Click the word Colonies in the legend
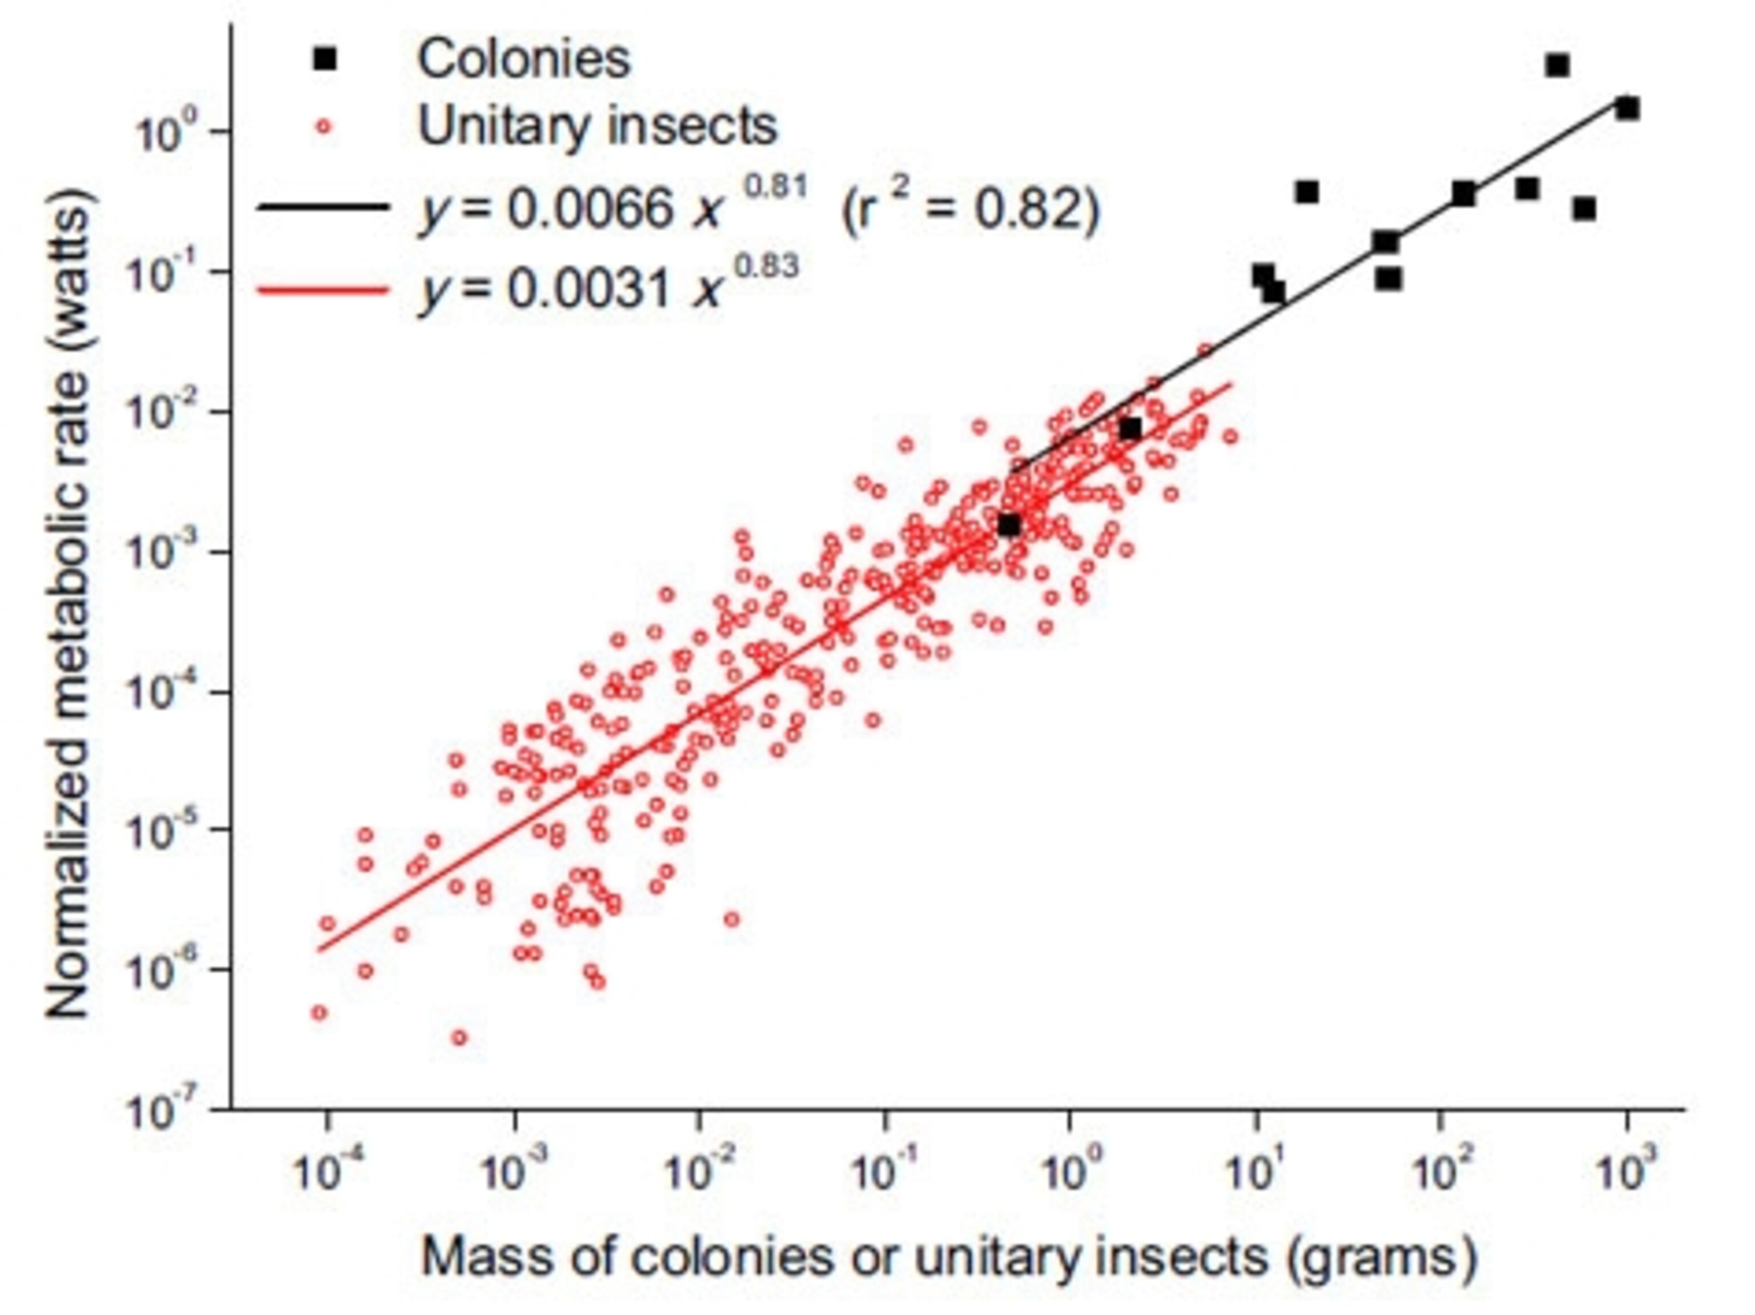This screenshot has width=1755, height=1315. (x=524, y=59)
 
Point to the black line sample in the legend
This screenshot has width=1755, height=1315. (x=323, y=207)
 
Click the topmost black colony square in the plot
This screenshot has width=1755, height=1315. (x=1557, y=65)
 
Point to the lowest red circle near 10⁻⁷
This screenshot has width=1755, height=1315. (x=459, y=1037)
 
